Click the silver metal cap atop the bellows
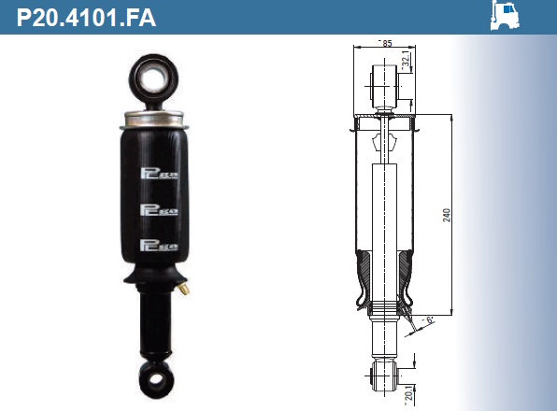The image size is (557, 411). click(151, 119)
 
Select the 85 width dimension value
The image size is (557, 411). click(386, 43)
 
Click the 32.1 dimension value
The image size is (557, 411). click(407, 61)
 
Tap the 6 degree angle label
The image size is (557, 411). click(429, 321)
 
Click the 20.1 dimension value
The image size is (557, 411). click(407, 396)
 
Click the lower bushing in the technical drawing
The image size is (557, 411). click(384, 376)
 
